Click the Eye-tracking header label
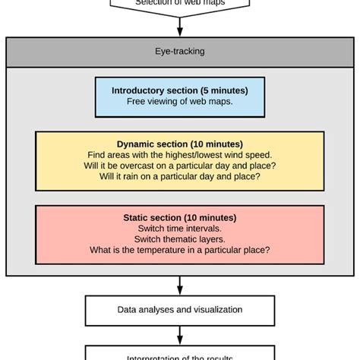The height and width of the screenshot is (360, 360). coord(180,52)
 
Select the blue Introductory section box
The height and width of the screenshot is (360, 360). coord(180,96)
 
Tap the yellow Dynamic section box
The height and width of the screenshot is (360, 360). coord(180,159)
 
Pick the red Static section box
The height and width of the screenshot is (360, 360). coord(180,233)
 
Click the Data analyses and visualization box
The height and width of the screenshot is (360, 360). coord(180,310)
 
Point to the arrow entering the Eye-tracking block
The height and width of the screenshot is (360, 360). coord(180,29)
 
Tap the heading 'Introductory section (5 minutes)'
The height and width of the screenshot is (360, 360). coord(180,90)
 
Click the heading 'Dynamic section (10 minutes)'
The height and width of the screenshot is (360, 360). coord(180,143)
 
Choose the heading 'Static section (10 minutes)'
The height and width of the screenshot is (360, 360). coord(180,216)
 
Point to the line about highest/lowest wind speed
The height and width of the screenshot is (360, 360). coord(180,154)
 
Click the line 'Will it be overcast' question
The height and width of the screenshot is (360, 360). coord(180,166)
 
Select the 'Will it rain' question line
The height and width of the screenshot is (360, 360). coord(180,177)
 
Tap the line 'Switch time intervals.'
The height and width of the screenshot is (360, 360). coord(180,228)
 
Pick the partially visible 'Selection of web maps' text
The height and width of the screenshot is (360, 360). coord(180,3)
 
